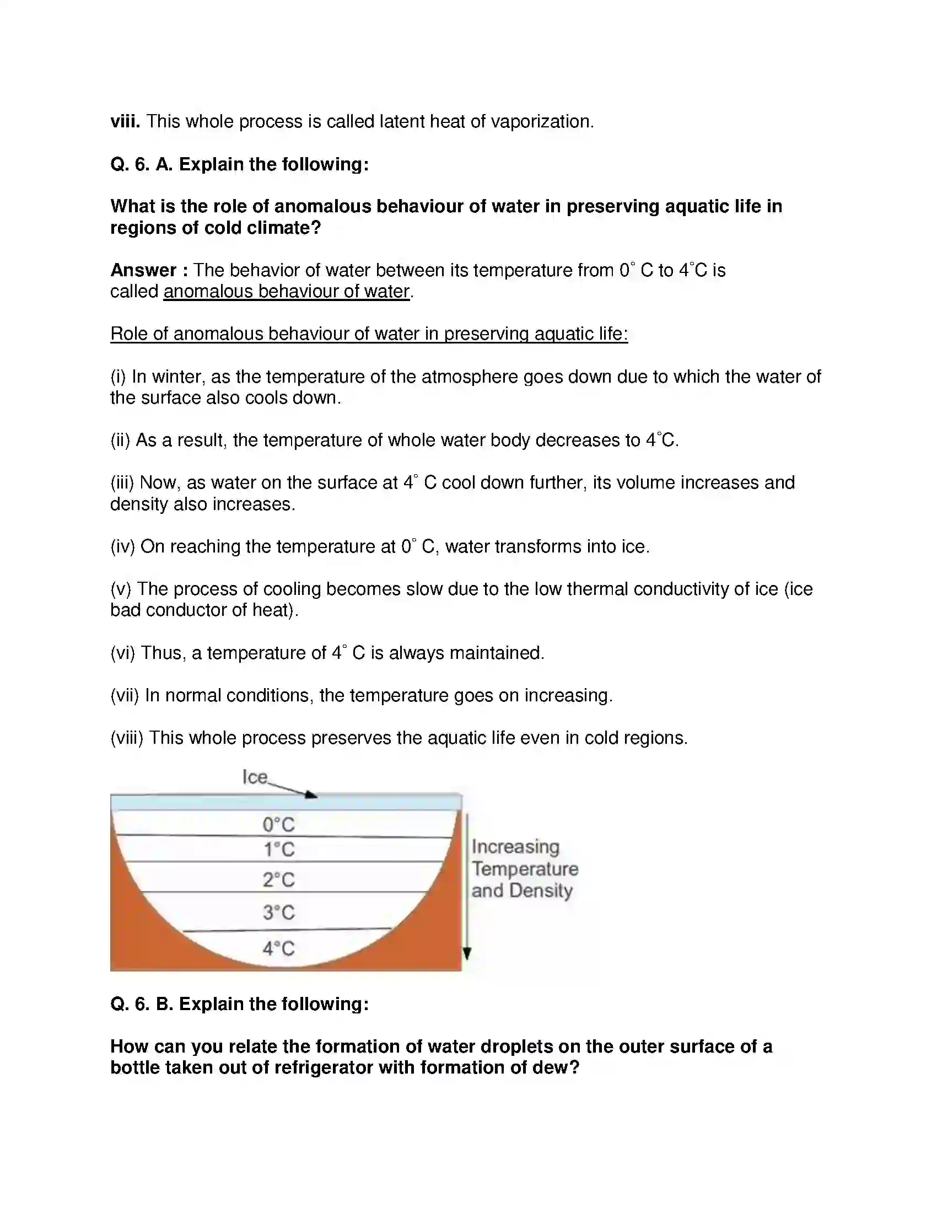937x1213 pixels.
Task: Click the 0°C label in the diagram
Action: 279,824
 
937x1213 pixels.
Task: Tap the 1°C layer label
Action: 279,850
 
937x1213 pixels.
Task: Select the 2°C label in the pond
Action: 279,880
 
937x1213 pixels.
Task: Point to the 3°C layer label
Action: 279,912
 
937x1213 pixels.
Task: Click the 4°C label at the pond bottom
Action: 279,948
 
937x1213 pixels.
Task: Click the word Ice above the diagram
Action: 255,776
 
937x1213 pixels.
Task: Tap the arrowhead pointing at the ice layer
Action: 312,795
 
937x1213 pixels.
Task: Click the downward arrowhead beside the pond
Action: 467,954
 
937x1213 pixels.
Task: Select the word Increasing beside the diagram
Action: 515,846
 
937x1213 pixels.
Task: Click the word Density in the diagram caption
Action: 541,890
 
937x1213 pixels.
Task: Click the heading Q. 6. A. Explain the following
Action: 239,164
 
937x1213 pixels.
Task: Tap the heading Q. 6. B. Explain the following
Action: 239,1004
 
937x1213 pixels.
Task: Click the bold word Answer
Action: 144,270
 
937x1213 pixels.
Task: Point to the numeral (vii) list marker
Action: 125,695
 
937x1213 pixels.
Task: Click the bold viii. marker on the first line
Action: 125,122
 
